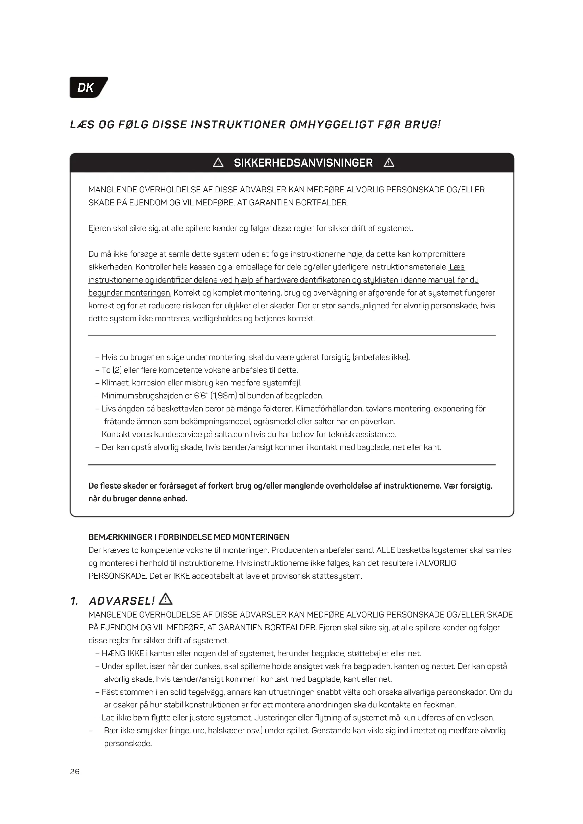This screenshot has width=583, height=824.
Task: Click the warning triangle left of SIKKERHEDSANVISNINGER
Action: pos(218,163)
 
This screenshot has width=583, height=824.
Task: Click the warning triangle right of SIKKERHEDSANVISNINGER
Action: pos(389,163)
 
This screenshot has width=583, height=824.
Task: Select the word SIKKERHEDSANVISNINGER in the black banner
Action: pos(303,163)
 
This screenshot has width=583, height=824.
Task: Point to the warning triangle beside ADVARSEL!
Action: pos(166,599)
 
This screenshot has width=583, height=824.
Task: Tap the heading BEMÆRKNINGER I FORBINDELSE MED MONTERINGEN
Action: pos(189,537)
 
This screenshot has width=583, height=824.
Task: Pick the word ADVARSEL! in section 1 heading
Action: pos(122,601)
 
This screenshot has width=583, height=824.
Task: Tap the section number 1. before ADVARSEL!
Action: pos(74,601)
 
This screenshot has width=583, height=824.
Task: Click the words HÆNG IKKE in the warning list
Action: pos(123,653)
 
